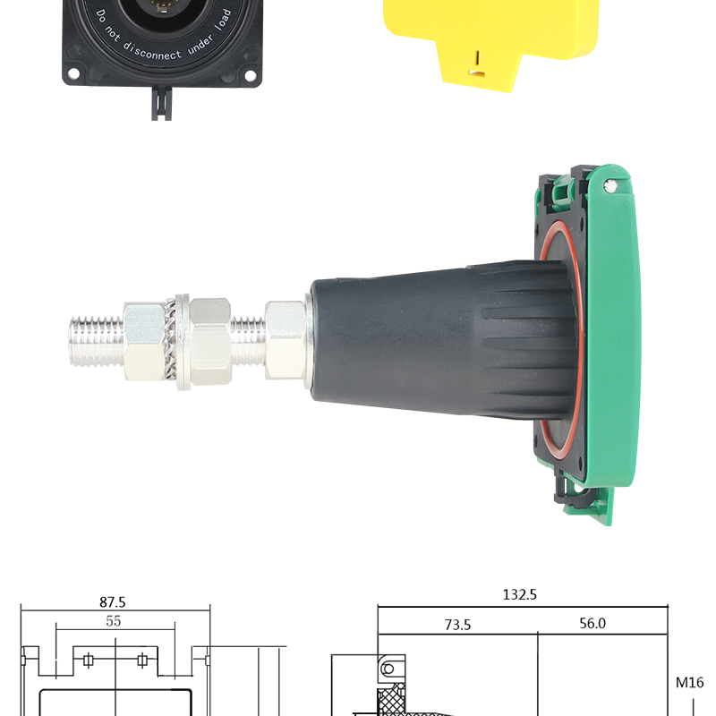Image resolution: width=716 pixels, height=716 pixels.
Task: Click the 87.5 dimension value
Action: point(113,602)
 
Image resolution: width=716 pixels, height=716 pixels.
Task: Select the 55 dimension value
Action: point(114,621)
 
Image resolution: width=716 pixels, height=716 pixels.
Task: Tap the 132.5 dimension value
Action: point(520,594)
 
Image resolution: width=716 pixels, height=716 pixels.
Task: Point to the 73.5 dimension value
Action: point(457,625)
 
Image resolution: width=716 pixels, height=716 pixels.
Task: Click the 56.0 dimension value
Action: point(592,623)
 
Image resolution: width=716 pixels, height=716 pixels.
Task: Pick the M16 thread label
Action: point(689,683)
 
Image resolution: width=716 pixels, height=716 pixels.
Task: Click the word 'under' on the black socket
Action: point(200,44)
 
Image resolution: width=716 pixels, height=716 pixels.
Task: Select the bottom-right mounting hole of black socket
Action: point(250,75)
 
